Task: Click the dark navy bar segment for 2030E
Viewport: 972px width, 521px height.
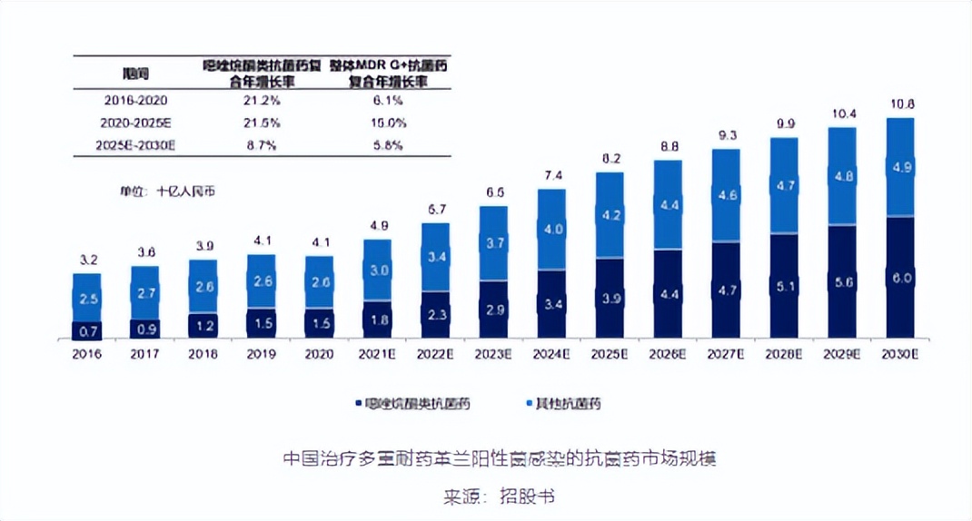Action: [900, 279]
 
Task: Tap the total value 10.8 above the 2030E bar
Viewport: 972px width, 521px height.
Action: [900, 103]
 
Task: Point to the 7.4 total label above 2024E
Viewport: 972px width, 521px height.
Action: [551, 175]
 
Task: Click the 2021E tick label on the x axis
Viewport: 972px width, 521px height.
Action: [377, 354]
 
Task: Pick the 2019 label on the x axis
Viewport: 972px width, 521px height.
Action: [261, 354]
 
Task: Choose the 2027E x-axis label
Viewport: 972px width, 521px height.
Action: [726, 354]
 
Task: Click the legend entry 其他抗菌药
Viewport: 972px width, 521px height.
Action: [568, 402]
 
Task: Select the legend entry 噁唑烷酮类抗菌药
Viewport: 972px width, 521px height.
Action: [416, 402]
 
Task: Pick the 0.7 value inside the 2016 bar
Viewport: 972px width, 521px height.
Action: [87, 330]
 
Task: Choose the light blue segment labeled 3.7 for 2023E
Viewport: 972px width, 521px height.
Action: [493, 243]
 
